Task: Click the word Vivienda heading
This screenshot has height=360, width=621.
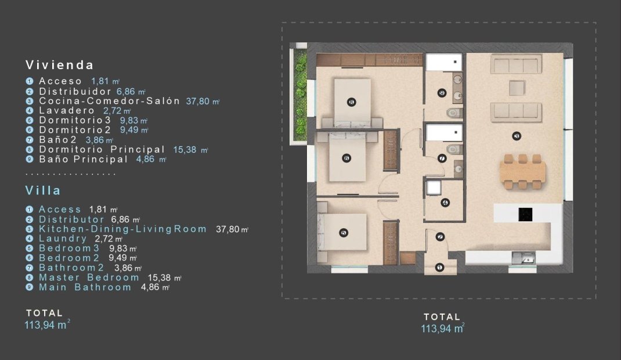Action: pyautogui.click(x=60, y=65)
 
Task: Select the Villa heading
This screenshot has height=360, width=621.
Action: pyautogui.click(x=43, y=190)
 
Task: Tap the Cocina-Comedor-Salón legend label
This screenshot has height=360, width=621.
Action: pyautogui.click(x=109, y=101)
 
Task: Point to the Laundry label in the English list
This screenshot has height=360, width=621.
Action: pyautogui.click(x=63, y=239)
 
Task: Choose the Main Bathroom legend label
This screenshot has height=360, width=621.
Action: pyautogui.click(x=85, y=287)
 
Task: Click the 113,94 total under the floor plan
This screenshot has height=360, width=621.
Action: pyautogui.click(x=442, y=329)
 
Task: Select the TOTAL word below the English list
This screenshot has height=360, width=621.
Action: pyautogui.click(x=44, y=314)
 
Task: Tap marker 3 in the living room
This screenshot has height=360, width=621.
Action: pyautogui.click(x=517, y=136)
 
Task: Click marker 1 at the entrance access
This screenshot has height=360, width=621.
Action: pyautogui.click(x=439, y=267)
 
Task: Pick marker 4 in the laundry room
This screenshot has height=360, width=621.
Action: pyautogui.click(x=445, y=203)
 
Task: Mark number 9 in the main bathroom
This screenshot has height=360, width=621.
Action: pyautogui.click(x=442, y=92)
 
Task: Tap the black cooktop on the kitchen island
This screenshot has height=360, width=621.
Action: pyautogui.click(x=526, y=214)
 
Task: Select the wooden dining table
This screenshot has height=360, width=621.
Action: pyautogui.click(x=522, y=171)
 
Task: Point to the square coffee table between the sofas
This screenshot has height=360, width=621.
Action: pyautogui.click(x=517, y=87)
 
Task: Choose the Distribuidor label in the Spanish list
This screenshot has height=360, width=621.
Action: pyautogui.click(x=75, y=92)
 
